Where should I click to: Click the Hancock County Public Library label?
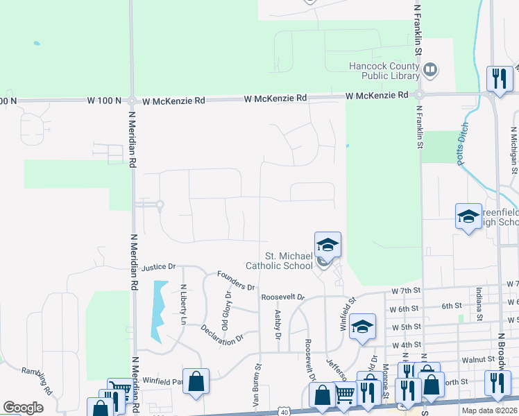(x=384, y=71)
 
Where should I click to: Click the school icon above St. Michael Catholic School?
(x=328, y=243)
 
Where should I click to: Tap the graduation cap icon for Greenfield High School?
(x=468, y=216)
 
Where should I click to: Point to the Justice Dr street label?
(x=159, y=267)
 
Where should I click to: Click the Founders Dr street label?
(x=236, y=280)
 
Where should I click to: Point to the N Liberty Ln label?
(x=183, y=305)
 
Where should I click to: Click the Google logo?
(x=23, y=408)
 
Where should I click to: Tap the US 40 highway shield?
(x=284, y=411)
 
